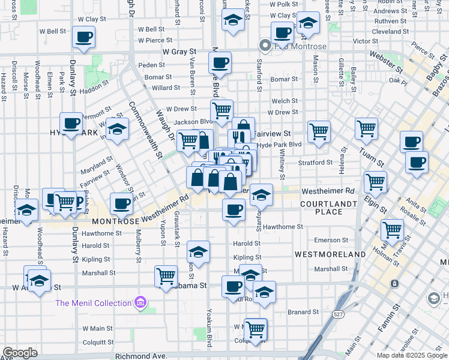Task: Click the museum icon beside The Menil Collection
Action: coord(140,303)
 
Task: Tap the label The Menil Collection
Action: coord(93,303)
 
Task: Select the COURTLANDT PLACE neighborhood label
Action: coord(321,208)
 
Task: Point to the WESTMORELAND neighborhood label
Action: coord(330,254)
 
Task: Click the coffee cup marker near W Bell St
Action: coord(83,37)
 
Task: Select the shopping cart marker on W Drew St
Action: coord(221,110)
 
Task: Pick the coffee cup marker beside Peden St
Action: coord(220,62)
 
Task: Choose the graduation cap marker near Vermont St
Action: coord(118,129)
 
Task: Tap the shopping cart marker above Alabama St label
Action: coord(166,277)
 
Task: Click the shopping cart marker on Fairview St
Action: coord(319,131)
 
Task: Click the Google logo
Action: coord(20,353)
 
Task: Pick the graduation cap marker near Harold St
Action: coord(198,252)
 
